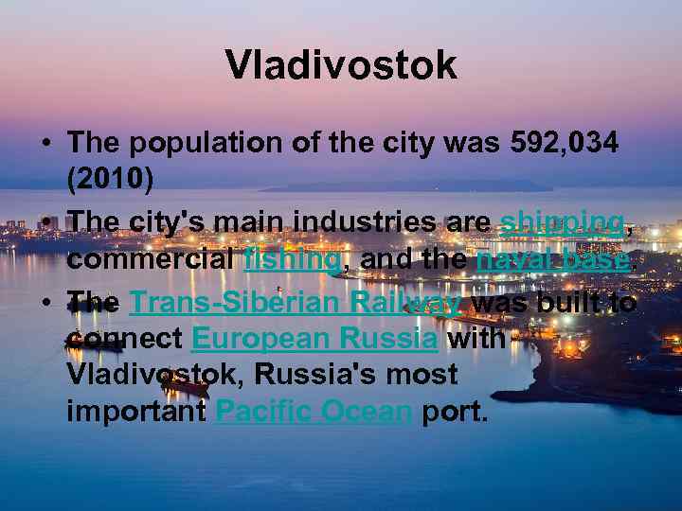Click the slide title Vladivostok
(341, 65)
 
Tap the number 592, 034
(565, 144)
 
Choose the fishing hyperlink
(292, 258)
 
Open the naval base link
(553, 258)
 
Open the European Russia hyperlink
(314, 338)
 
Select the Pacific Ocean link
(313, 412)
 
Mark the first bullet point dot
(45, 145)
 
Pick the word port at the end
(456, 412)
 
